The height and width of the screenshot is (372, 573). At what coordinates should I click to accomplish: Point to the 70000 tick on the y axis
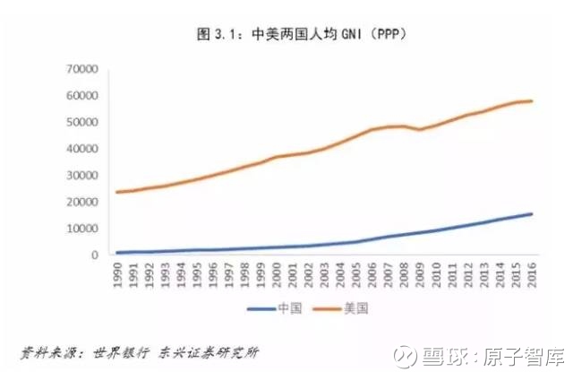(x=82, y=69)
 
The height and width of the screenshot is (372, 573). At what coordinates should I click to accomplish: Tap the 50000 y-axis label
(x=82, y=122)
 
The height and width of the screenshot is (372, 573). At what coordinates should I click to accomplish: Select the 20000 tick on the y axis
(x=82, y=202)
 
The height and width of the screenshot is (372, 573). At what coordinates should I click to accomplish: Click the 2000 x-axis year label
(x=277, y=273)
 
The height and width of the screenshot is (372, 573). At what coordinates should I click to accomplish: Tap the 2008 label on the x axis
(x=404, y=273)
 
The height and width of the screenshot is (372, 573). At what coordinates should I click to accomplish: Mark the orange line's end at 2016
(x=532, y=100)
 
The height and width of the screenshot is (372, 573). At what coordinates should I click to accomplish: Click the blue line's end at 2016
(x=532, y=213)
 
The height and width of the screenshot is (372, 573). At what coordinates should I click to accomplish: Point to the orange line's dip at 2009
(x=420, y=129)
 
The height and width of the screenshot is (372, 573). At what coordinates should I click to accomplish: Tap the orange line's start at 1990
(x=117, y=192)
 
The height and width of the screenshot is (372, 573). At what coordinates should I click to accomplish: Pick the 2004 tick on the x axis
(x=340, y=273)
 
